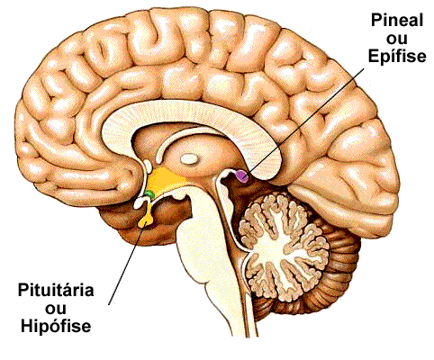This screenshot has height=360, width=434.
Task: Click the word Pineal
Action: point(397,21)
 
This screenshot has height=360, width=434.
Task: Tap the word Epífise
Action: point(397,56)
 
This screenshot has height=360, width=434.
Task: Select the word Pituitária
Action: point(56,290)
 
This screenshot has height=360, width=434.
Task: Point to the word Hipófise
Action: point(56,326)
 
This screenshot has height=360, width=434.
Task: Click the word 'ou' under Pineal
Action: point(397,40)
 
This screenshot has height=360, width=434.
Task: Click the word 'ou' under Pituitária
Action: point(56,309)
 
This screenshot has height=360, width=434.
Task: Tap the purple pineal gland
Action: point(242,175)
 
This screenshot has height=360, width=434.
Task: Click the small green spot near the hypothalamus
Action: point(149,194)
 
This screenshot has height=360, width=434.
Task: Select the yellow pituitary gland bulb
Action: point(146,221)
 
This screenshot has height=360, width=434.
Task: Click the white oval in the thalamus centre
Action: point(189,158)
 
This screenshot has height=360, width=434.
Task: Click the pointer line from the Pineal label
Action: point(305,121)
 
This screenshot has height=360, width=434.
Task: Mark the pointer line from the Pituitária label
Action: point(127,265)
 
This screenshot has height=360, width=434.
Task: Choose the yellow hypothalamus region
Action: point(165,180)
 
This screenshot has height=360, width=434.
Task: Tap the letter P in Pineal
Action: point(376,21)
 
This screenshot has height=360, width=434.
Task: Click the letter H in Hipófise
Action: point(27,325)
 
